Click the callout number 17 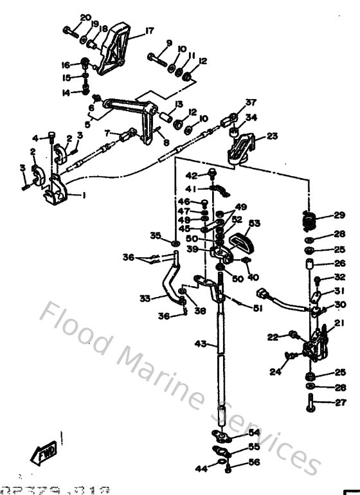pos(149,30)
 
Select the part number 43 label pos(201,345)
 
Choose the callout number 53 pos(255,224)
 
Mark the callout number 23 pos(273,136)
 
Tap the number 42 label pos(192,175)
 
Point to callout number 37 pos(250,102)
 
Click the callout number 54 pos(255,433)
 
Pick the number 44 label pos(201,469)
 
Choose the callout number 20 pos(85,17)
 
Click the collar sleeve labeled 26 pos(310,264)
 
